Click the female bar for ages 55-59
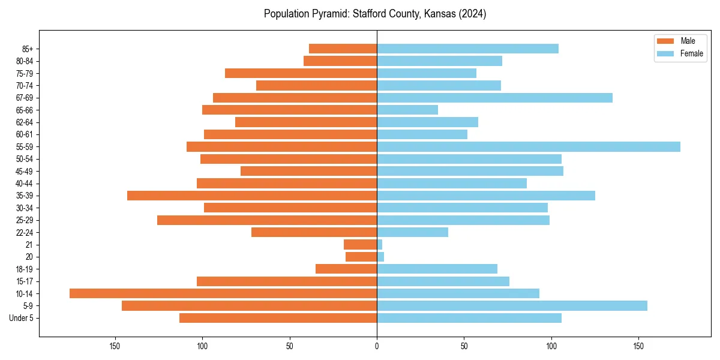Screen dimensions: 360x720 coord(528,147)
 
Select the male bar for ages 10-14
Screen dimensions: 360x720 coord(223,293)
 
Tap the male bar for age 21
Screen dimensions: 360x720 coord(360,245)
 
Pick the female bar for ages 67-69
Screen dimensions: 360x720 coord(494,98)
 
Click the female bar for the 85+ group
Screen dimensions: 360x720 coord(467,49)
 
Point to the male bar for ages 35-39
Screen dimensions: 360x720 coord(252,196)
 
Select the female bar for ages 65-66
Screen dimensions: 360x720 coord(407,110)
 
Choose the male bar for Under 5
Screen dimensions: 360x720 coord(278,318)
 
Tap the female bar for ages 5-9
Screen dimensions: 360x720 coord(512,306)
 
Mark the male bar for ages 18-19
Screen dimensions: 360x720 coord(346,269)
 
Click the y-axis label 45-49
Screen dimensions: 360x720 coord(25,172)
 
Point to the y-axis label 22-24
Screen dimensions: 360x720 coord(25,233)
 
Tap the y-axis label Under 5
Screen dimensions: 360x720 coord(22,318)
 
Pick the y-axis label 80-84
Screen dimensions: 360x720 coord(25,61)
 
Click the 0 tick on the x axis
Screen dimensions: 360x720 coord(377,346)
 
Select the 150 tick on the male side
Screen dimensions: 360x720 coord(115,346)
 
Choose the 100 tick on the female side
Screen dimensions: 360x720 coord(551,346)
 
